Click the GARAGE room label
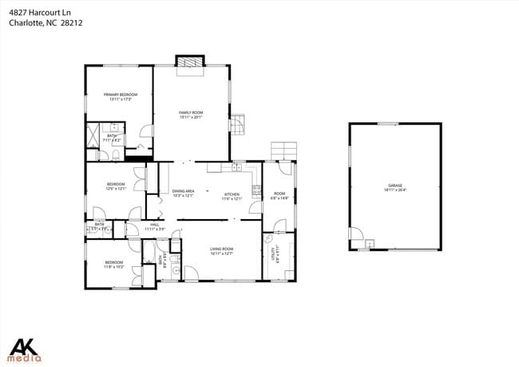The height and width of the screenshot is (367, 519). tap(395, 185)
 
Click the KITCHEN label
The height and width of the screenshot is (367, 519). tap(232, 194)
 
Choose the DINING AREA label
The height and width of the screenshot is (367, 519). tap(184, 191)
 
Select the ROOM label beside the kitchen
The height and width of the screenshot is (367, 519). tap(279, 193)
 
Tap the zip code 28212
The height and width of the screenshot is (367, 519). tap(71, 23)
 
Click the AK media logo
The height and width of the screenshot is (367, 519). tap(26, 349)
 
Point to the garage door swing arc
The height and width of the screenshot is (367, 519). tap(359, 240)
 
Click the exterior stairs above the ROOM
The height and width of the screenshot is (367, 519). tap(283, 151)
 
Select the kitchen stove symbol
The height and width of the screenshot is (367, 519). tap(256, 190)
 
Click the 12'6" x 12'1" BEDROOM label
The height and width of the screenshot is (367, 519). tap(117, 186)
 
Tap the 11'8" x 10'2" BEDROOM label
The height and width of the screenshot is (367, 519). tap(114, 264)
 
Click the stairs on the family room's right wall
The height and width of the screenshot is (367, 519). tap(240, 124)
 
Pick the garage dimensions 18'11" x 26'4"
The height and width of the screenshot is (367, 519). tap(395, 189)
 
